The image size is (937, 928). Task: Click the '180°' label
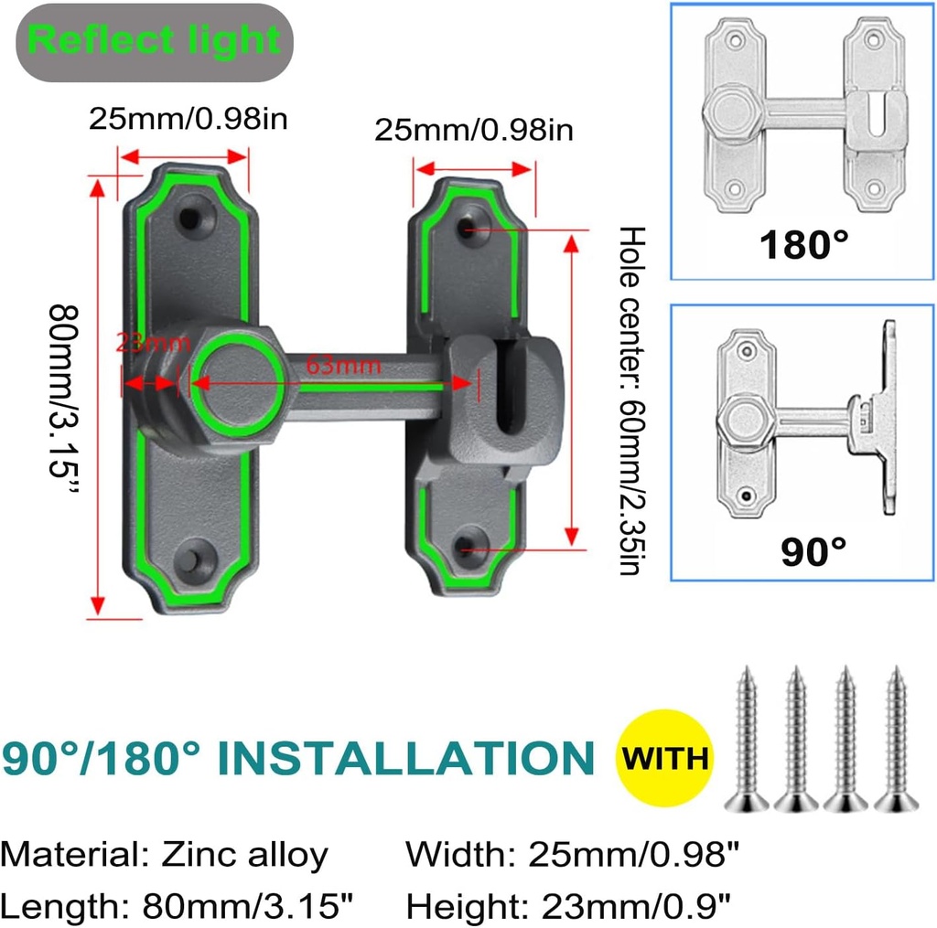tap(802, 245)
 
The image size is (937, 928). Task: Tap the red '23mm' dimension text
tap(153, 344)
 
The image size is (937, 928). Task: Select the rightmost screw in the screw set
tap(895, 740)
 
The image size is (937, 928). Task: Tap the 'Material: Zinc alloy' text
tap(165, 856)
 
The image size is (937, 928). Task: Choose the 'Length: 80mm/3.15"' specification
tap(178, 907)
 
